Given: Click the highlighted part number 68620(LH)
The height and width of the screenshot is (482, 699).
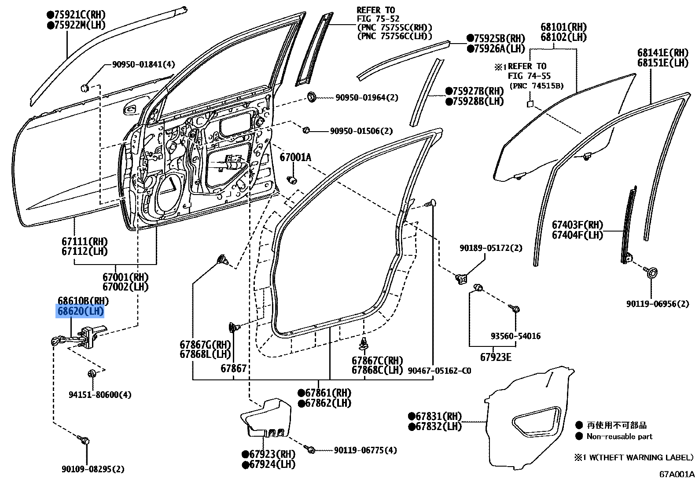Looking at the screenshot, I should pos(81,312).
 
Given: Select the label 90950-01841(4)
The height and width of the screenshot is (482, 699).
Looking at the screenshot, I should pos(143,65).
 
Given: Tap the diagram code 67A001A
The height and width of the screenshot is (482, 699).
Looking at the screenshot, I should pos(677,474).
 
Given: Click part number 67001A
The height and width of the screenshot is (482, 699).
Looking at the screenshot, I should pos(295,158).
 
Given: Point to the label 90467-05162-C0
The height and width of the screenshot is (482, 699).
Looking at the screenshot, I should pos(439,371).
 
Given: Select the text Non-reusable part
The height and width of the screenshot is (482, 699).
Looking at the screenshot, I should pos(619,437).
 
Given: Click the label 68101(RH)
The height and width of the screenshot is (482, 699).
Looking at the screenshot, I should pos(563,27).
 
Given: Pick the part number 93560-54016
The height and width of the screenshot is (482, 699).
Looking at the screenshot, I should pos(515,336).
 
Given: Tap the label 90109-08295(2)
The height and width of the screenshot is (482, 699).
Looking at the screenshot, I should pos(93,469).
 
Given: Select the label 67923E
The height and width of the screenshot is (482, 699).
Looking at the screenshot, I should pos(496,357).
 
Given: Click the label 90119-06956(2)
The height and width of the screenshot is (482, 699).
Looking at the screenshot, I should pos(658,304).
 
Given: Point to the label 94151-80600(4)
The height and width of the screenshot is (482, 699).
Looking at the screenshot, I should pos(100,395).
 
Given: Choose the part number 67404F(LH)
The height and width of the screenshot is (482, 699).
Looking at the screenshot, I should pos(578,235).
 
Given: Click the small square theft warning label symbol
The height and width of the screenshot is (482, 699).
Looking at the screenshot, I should pos(530,104).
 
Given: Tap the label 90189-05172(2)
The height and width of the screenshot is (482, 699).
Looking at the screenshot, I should pos(491,248).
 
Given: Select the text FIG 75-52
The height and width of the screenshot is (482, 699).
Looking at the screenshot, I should pos(378,19).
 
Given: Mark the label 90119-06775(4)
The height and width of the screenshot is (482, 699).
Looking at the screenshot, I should pos(365,450).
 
